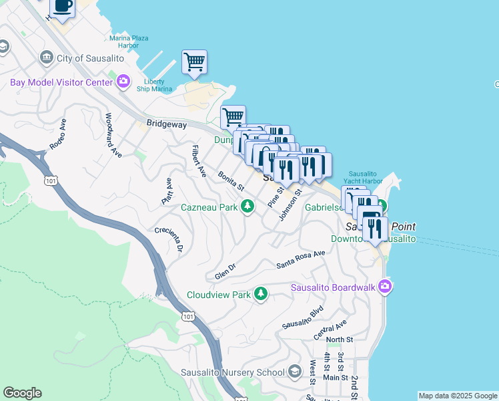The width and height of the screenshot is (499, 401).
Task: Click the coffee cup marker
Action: tap(62, 6)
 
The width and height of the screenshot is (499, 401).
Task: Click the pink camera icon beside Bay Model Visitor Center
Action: tap(123, 82)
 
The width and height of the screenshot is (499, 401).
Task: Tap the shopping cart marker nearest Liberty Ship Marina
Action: tap(194, 62)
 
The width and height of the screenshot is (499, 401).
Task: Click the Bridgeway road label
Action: tap(164, 124)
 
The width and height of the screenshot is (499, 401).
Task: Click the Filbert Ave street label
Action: tap(199, 160)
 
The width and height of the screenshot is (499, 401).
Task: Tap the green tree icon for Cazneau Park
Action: tap(247, 206)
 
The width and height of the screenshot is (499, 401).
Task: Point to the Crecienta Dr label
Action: tap(169, 239)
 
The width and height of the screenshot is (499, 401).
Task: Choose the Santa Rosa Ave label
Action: tap(300, 259)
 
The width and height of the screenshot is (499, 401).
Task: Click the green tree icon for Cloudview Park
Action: tap(261, 293)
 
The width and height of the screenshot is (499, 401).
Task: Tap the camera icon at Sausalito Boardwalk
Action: tap(384, 287)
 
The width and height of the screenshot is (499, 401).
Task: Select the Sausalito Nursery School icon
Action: tap(295, 372)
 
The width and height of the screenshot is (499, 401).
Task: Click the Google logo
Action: tap(22, 393)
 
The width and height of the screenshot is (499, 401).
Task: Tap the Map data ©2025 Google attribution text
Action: tap(458, 396)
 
